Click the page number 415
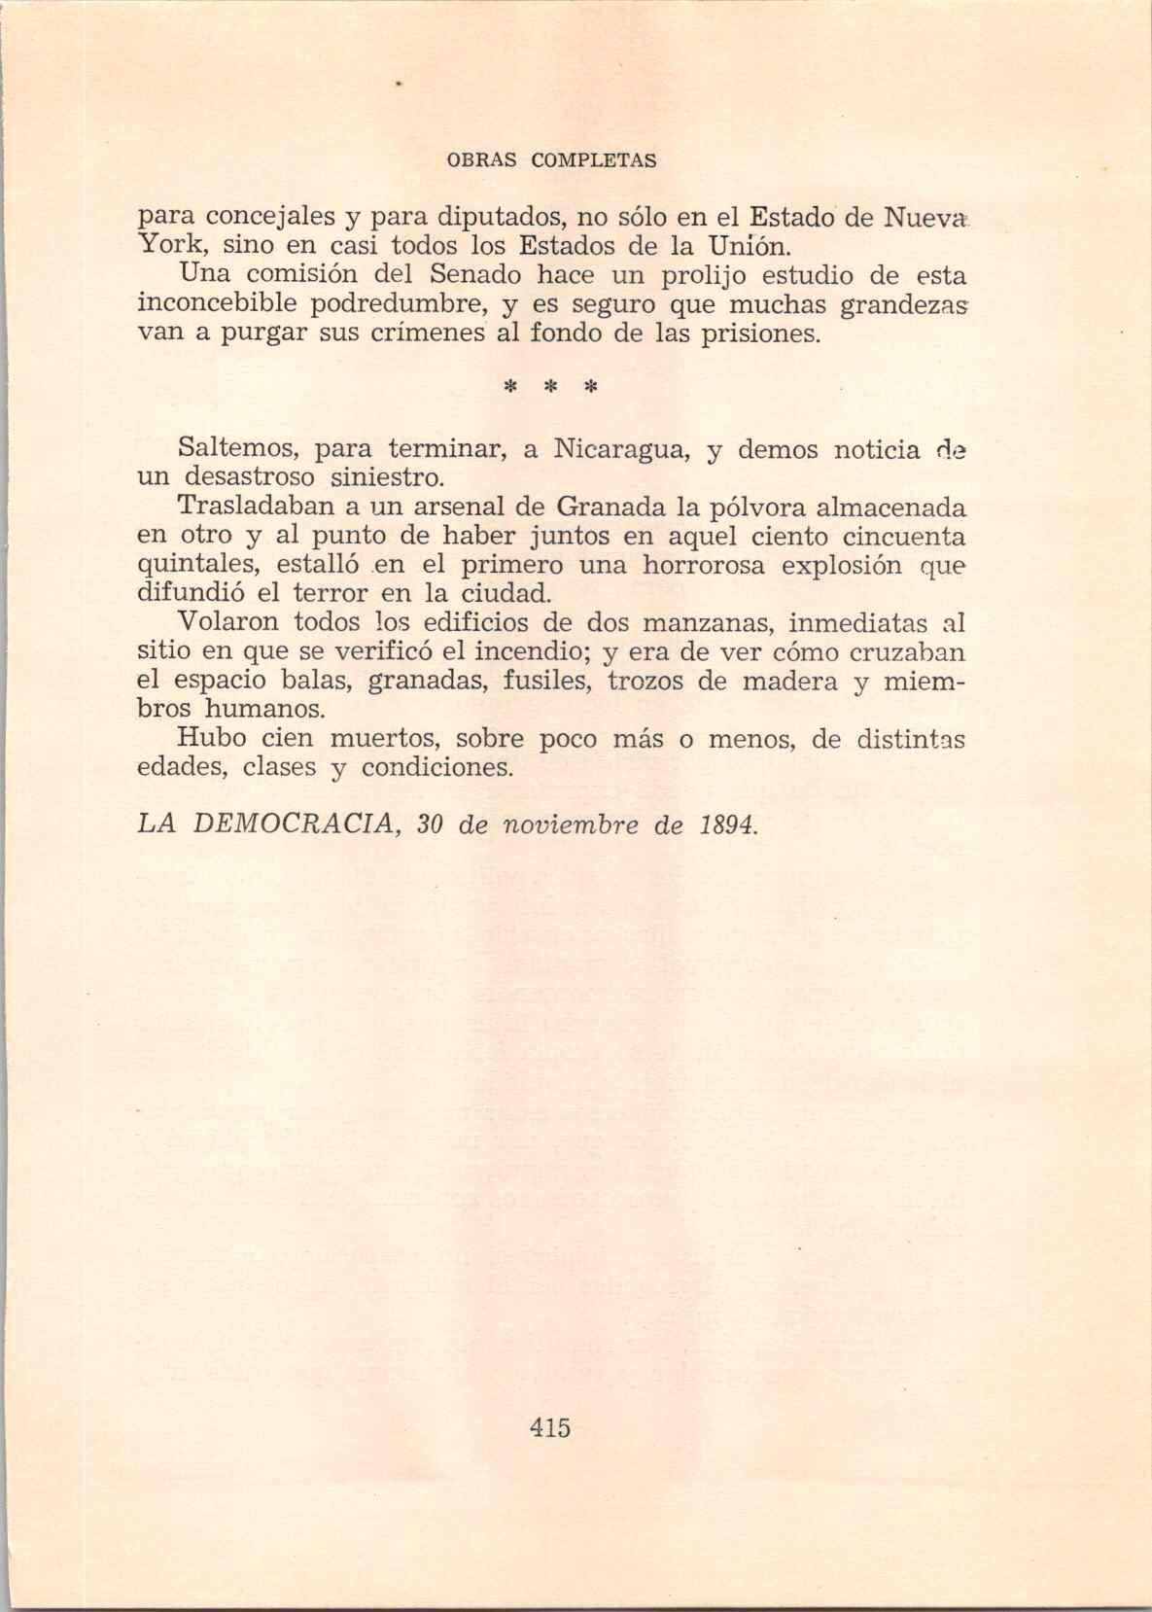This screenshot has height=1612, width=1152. click(550, 1427)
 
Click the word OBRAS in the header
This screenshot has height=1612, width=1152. click(481, 160)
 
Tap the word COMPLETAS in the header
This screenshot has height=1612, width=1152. click(593, 160)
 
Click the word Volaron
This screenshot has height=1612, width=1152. click(227, 622)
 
